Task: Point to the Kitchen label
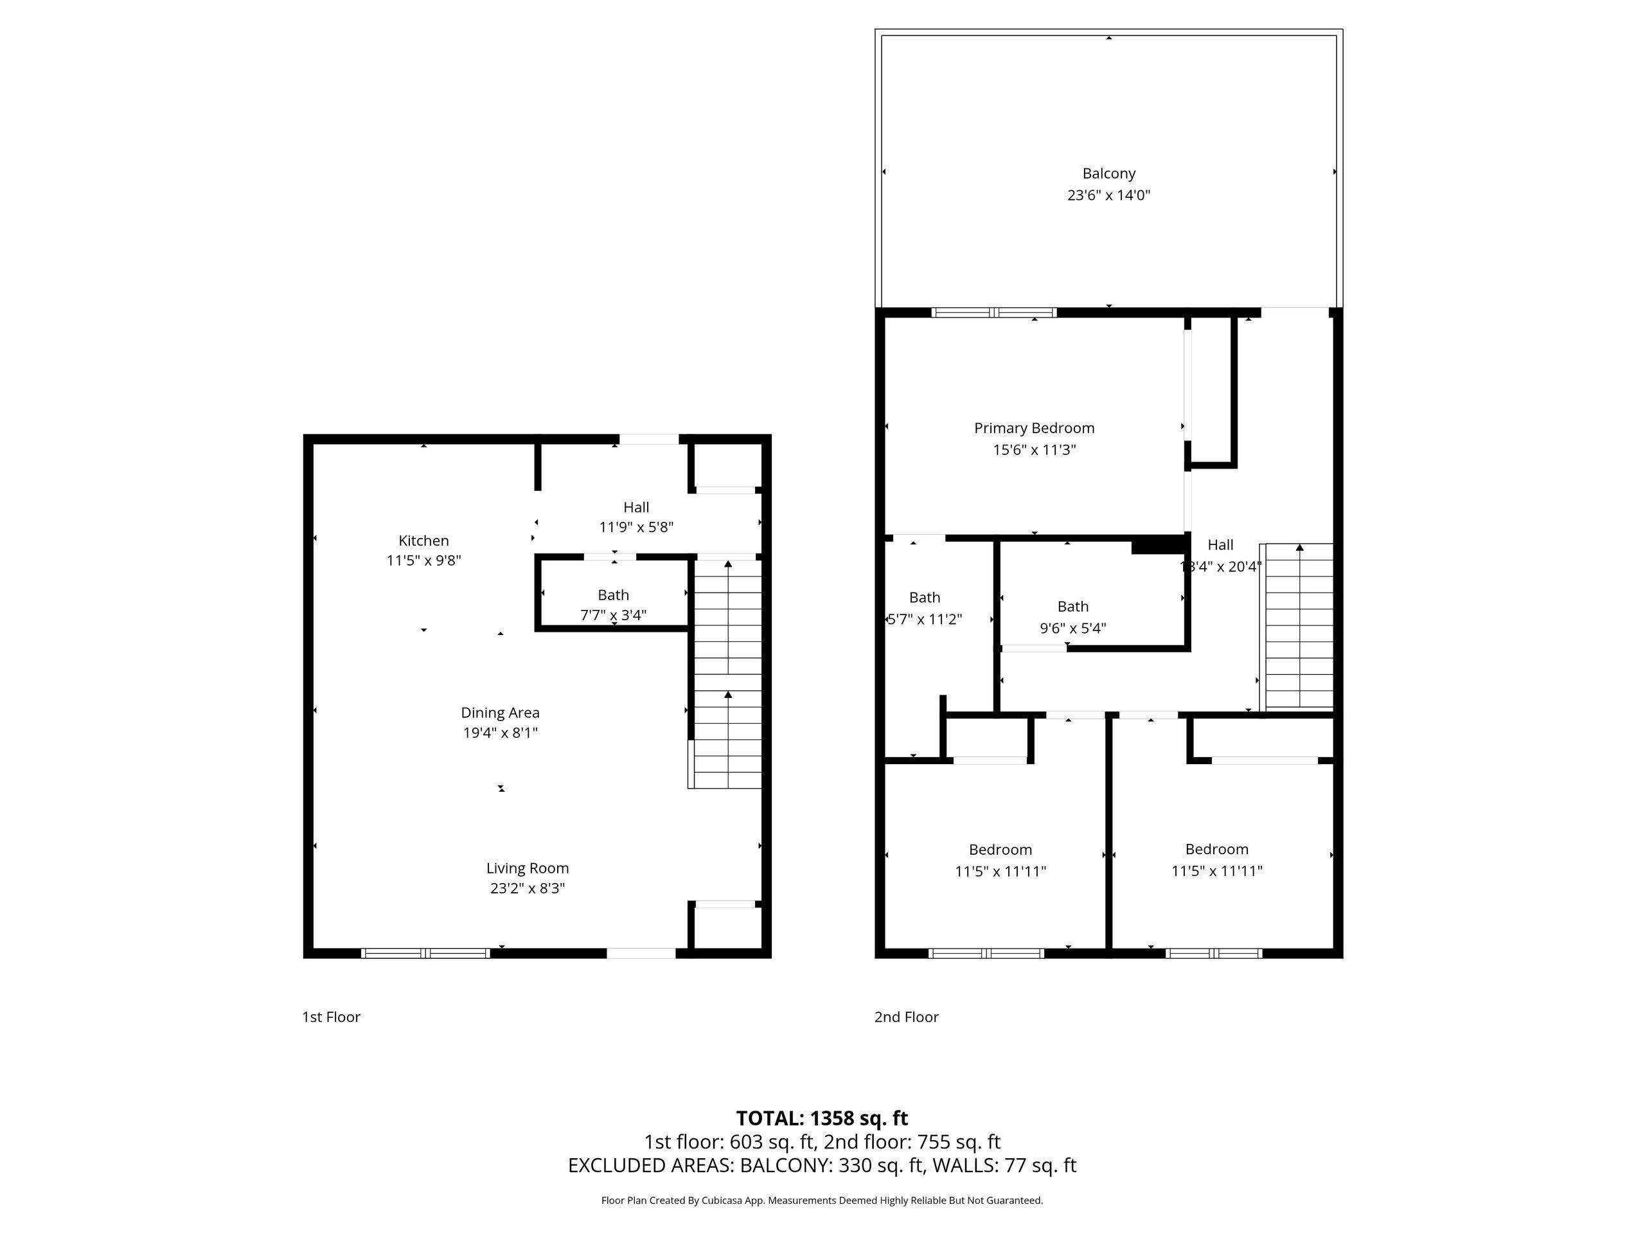coord(423,541)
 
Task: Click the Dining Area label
coord(500,713)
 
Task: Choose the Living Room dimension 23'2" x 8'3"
coord(528,888)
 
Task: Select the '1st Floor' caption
coord(331,1017)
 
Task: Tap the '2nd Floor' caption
coord(906,1017)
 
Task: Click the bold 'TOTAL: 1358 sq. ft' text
coord(822,1118)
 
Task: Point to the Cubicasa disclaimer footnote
coord(822,1200)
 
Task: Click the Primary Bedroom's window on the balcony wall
coord(993,313)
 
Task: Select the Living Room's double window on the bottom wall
coord(425,954)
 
